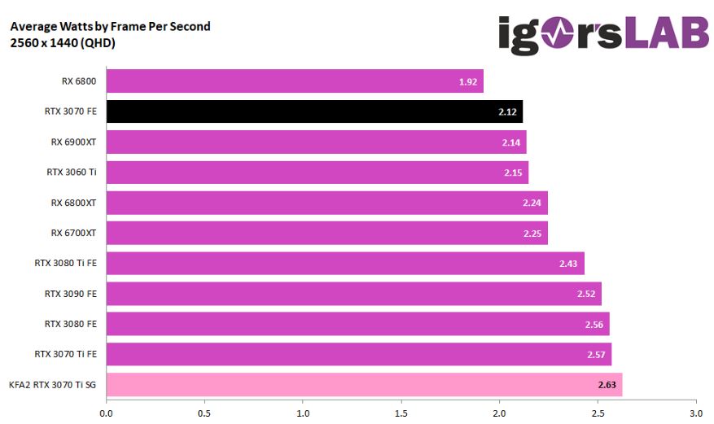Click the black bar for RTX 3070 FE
coord(313,111)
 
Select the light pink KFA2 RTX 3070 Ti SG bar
coord(363,384)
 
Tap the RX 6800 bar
coord(294,81)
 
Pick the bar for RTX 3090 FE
coord(353,294)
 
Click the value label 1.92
coord(467,82)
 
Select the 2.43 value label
coord(568,264)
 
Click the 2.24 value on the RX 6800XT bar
coord(532,203)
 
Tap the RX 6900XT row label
coord(73,142)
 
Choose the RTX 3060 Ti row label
coord(71,172)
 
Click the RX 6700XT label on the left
coord(73,233)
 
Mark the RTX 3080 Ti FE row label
coord(65,263)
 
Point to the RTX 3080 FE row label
coord(70,324)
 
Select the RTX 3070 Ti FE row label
coord(65,354)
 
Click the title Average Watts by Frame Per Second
coord(110,26)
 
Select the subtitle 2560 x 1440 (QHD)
coord(63,43)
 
